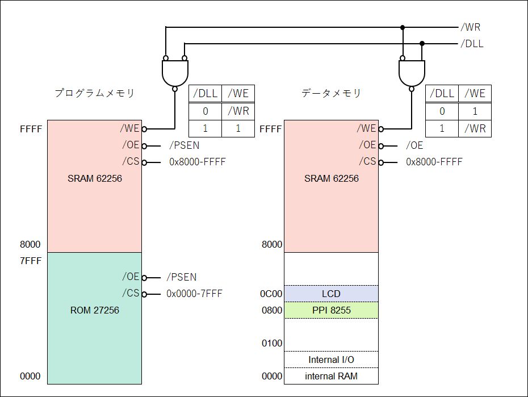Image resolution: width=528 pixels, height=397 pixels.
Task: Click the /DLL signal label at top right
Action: (472, 44)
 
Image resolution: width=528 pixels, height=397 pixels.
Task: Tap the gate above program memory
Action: (174, 73)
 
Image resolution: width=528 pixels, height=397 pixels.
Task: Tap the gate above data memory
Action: (410, 73)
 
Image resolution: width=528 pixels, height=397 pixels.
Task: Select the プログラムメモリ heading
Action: (94, 93)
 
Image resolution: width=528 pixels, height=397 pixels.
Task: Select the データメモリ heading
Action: (331, 93)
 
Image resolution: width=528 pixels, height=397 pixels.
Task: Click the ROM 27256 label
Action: (94, 311)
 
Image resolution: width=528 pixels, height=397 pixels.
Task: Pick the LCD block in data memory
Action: (331, 294)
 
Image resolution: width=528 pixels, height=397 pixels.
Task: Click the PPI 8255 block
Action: (331, 310)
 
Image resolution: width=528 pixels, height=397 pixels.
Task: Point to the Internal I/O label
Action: (331, 360)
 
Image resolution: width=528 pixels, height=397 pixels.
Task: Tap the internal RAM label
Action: (331, 376)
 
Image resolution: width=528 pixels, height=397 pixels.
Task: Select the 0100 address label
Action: (272, 343)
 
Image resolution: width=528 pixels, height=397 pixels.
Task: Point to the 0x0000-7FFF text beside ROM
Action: (194, 294)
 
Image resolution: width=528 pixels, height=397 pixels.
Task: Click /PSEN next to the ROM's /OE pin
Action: (181, 277)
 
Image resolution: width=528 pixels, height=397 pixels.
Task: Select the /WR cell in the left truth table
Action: (238, 111)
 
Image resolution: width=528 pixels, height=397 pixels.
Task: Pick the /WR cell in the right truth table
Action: (475, 128)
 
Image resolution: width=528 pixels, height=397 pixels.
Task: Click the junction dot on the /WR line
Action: (403, 27)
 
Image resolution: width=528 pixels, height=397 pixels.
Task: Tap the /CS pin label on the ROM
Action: (131, 294)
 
